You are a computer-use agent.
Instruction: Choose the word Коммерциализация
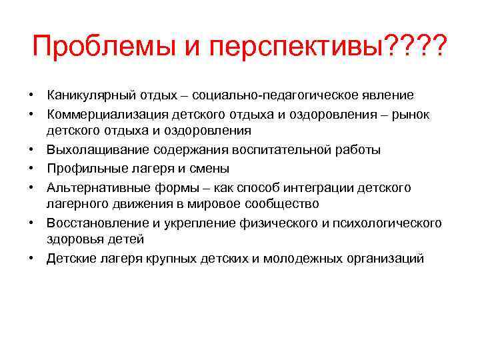tap(104, 114)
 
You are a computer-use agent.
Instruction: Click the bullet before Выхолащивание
tap(31, 150)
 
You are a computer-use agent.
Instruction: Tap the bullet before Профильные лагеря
tap(31, 168)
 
